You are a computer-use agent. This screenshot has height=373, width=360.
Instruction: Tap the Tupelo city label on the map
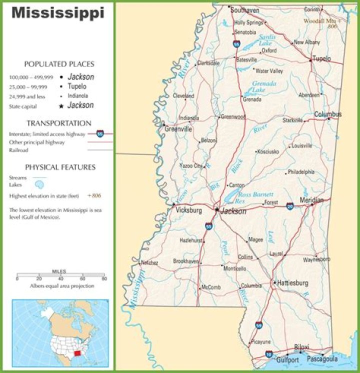tap(321, 58)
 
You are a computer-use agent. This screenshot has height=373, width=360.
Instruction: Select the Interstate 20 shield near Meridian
tap(290, 205)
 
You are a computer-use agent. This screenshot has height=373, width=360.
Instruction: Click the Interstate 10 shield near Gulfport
tap(269, 354)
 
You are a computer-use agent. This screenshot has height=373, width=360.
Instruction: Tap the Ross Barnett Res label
tap(255, 197)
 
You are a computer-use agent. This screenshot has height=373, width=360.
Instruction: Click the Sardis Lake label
tap(265, 40)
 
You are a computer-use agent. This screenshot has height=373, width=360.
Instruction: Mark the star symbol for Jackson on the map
tap(216, 210)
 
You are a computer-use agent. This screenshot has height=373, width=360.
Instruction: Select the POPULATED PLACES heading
tap(59, 64)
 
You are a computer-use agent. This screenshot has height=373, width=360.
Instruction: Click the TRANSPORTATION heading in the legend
tap(59, 123)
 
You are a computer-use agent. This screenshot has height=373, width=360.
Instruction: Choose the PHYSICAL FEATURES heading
tap(60, 167)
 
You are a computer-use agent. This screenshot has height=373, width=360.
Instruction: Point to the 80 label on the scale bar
tap(103, 278)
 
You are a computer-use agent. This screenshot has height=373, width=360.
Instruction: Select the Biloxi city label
tap(301, 347)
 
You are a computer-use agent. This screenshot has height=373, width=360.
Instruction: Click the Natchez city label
tap(149, 262)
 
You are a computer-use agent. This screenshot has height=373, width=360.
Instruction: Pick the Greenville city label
tap(178, 129)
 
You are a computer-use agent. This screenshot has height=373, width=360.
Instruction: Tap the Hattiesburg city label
tap(293, 283)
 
